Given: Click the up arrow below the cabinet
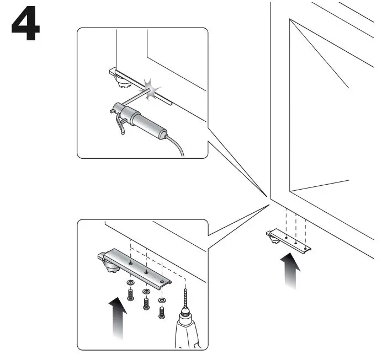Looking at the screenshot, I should point(289,270).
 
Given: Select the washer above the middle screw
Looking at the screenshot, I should point(146,291).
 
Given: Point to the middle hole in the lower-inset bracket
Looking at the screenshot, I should point(146,271).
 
